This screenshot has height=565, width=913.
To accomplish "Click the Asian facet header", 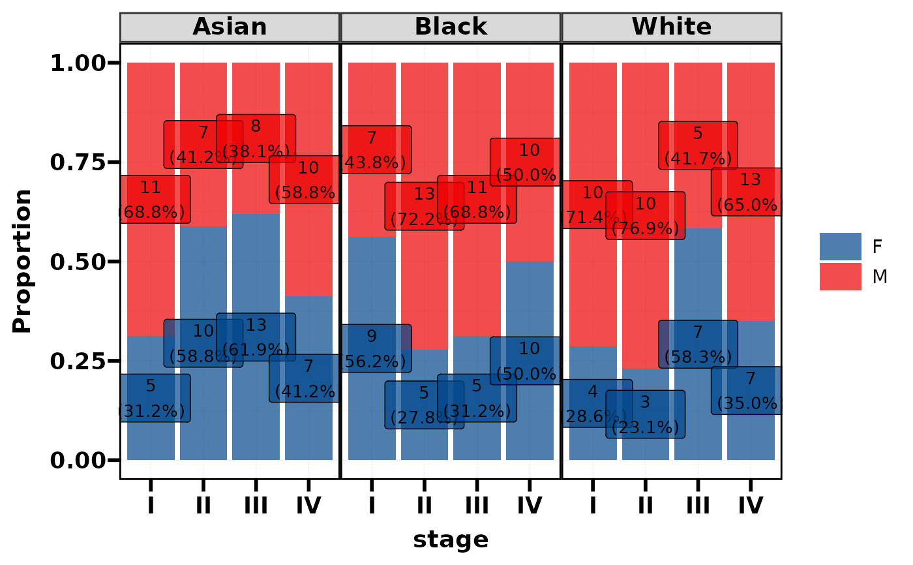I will coord(230,27).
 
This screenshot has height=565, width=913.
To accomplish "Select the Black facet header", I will coord(451,27).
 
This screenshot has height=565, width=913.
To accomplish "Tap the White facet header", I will coord(671,27).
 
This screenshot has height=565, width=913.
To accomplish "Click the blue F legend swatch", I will coord(840,247).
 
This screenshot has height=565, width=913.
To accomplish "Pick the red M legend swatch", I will coord(840,277).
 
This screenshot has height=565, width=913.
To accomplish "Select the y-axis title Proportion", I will coord(22,261).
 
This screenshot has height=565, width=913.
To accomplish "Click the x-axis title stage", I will coord(451,540).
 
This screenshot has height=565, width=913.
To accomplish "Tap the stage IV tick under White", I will coord(751,505).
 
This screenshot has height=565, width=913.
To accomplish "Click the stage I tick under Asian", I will coord(151,505).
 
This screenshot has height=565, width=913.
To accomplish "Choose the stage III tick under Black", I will coord(477,505).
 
